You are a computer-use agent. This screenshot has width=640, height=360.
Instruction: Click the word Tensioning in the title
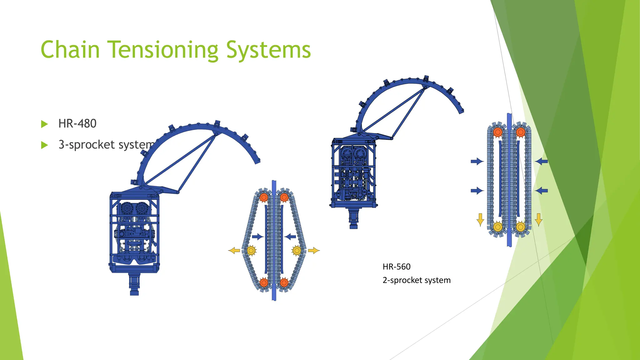coord(163,50)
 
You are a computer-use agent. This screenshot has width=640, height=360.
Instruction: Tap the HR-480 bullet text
coord(77,124)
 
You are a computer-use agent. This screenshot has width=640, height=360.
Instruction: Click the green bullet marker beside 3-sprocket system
coord(44,145)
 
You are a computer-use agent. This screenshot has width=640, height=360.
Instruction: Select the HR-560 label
coord(396,267)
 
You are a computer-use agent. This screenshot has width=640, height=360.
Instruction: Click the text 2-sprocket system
coord(416,280)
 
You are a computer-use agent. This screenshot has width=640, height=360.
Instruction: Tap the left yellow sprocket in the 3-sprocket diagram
coord(251,250)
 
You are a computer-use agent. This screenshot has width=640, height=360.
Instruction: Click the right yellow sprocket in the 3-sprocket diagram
coord(297,250)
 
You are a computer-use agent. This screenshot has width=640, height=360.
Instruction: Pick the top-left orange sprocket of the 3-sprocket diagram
coord(264,197)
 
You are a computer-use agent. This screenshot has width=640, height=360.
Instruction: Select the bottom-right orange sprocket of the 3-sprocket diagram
coord(284,283)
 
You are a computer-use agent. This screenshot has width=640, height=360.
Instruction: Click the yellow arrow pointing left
coord(234,250)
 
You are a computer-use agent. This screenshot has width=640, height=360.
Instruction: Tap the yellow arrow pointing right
coord(314,250)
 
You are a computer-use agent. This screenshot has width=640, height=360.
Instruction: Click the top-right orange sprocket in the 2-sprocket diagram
coord(520,132)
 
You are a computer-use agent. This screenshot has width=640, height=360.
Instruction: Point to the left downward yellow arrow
coord(480,219)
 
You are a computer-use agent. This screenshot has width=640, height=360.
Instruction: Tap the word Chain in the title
coord(70,50)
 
